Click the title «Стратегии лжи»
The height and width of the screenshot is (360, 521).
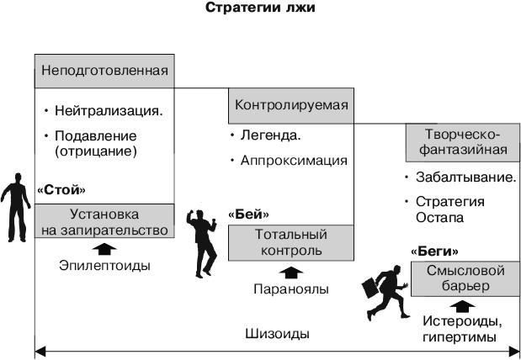point(259,10)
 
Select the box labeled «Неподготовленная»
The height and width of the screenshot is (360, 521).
point(104,71)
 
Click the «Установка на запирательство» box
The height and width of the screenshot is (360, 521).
point(104,221)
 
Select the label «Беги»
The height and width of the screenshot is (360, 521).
point(434,251)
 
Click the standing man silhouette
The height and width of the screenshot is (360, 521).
point(15,206)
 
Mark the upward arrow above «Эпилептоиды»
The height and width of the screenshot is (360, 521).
point(104,248)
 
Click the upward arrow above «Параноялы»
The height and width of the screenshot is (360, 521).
point(290,272)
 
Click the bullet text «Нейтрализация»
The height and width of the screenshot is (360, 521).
point(109,111)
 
